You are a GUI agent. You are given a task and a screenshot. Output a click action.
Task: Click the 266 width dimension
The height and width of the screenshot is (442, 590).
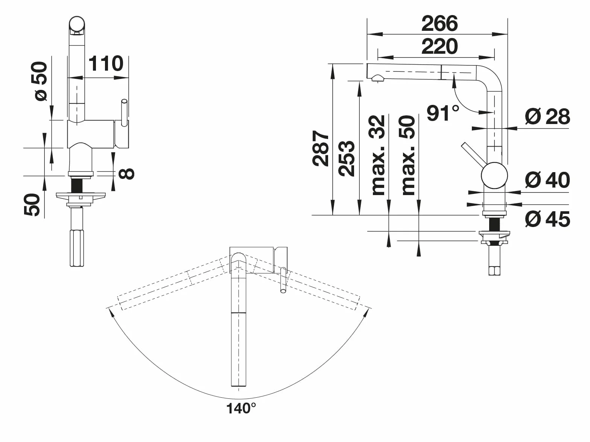439,23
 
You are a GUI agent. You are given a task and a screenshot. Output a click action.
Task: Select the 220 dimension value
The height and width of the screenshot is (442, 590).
439,47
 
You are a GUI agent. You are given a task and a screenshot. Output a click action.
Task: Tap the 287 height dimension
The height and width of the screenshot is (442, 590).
321,148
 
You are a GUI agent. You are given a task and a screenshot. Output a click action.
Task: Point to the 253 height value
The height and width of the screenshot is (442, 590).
347,158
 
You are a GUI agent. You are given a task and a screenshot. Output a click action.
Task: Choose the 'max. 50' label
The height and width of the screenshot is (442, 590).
408,155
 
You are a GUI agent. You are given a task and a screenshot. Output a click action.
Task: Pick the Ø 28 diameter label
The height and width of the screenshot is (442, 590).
547,117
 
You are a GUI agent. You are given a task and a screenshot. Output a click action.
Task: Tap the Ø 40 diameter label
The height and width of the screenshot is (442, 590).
547,180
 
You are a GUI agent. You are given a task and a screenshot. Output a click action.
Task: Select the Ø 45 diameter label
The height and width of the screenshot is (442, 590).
547,219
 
